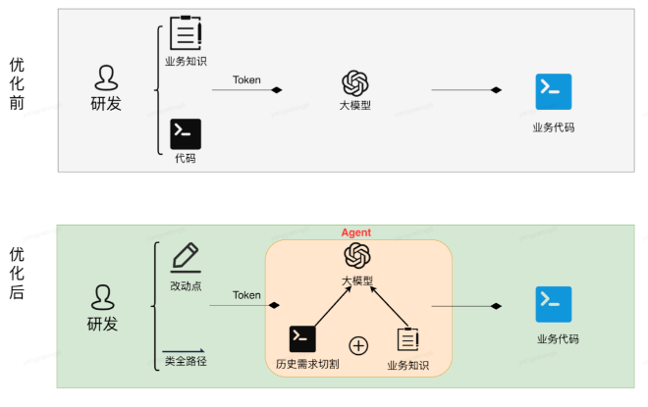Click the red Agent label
tap(355, 232)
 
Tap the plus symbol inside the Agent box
tap(358, 345)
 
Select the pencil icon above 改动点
tap(186, 258)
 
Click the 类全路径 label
tap(186, 361)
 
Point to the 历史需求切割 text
tap(307, 364)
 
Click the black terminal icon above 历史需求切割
tap(302, 339)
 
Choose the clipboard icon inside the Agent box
tap(407, 339)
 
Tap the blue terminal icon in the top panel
tap(554, 91)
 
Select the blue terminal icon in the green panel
tap(554, 304)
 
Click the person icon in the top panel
tap(106, 77)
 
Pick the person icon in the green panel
tap(102, 297)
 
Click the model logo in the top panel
tap(355, 83)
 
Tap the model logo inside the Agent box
tap(357, 256)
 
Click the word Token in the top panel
tap(246, 79)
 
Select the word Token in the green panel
tap(246, 295)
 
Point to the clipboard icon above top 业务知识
tap(186, 33)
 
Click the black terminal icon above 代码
tap(186, 134)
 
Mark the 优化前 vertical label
tap(17, 83)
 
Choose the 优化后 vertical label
tap(17, 274)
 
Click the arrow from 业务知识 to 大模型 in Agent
tap(390, 306)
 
